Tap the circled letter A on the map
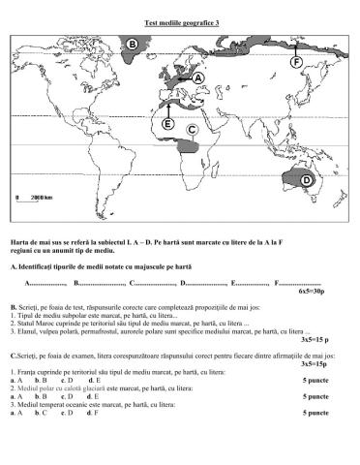coord(197,77)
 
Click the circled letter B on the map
coord(132,44)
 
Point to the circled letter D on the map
coord(307,180)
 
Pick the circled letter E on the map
coord(168,124)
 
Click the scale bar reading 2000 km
coord(38,198)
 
